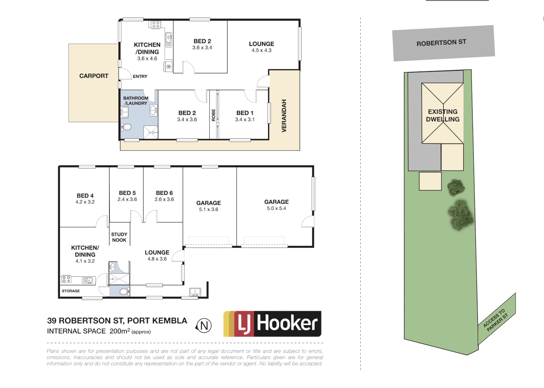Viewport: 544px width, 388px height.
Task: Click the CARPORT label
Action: pyautogui.click(x=94, y=76)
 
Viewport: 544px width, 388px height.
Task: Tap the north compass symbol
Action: pyautogui.click(x=204, y=326)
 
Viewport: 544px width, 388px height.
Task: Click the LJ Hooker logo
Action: pyautogui.click(x=272, y=324)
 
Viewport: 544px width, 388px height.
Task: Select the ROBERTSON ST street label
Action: pyautogui.click(x=441, y=43)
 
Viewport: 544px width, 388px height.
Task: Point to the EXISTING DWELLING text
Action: pyautogui.click(x=442, y=115)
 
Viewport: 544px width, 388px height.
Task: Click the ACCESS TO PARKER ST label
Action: pyautogui.click(x=496, y=319)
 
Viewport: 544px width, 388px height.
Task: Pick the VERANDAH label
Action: pyautogui.click(x=284, y=116)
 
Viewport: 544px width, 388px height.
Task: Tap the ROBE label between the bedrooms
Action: pyautogui.click(x=214, y=115)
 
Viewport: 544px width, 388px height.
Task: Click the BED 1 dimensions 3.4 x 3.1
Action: pyautogui.click(x=245, y=120)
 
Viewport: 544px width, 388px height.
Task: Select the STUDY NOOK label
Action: pyautogui.click(x=119, y=237)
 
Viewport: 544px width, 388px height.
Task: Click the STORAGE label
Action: pyautogui.click(x=71, y=291)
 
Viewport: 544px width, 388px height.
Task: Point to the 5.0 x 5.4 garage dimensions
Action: pyautogui.click(x=276, y=208)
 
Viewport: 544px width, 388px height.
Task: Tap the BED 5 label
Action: pyautogui.click(x=127, y=193)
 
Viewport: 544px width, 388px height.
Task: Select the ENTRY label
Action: pyautogui.click(x=140, y=77)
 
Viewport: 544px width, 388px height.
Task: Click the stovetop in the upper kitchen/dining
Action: pyautogui.click(x=156, y=25)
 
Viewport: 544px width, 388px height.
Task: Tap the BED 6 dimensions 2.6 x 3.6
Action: pyautogui.click(x=164, y=199)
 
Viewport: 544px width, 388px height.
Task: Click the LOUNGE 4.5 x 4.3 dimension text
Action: pyautogui.click(x=261, y=50)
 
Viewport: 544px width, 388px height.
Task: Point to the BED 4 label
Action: pyautogui.click(x=85, y=195)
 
